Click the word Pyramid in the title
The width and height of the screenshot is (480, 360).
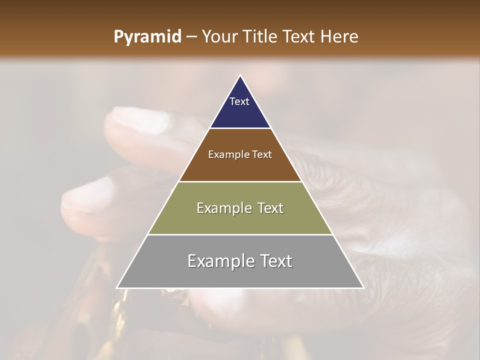147,37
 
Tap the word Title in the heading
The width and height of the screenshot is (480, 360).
262,37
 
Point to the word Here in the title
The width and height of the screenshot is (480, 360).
339,37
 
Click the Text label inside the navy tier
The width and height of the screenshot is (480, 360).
239,101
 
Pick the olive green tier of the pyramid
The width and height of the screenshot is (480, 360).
240,220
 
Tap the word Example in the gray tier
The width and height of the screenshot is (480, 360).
218,261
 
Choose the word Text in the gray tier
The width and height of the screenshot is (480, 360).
275,261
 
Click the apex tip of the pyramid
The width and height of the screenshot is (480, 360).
240,76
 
